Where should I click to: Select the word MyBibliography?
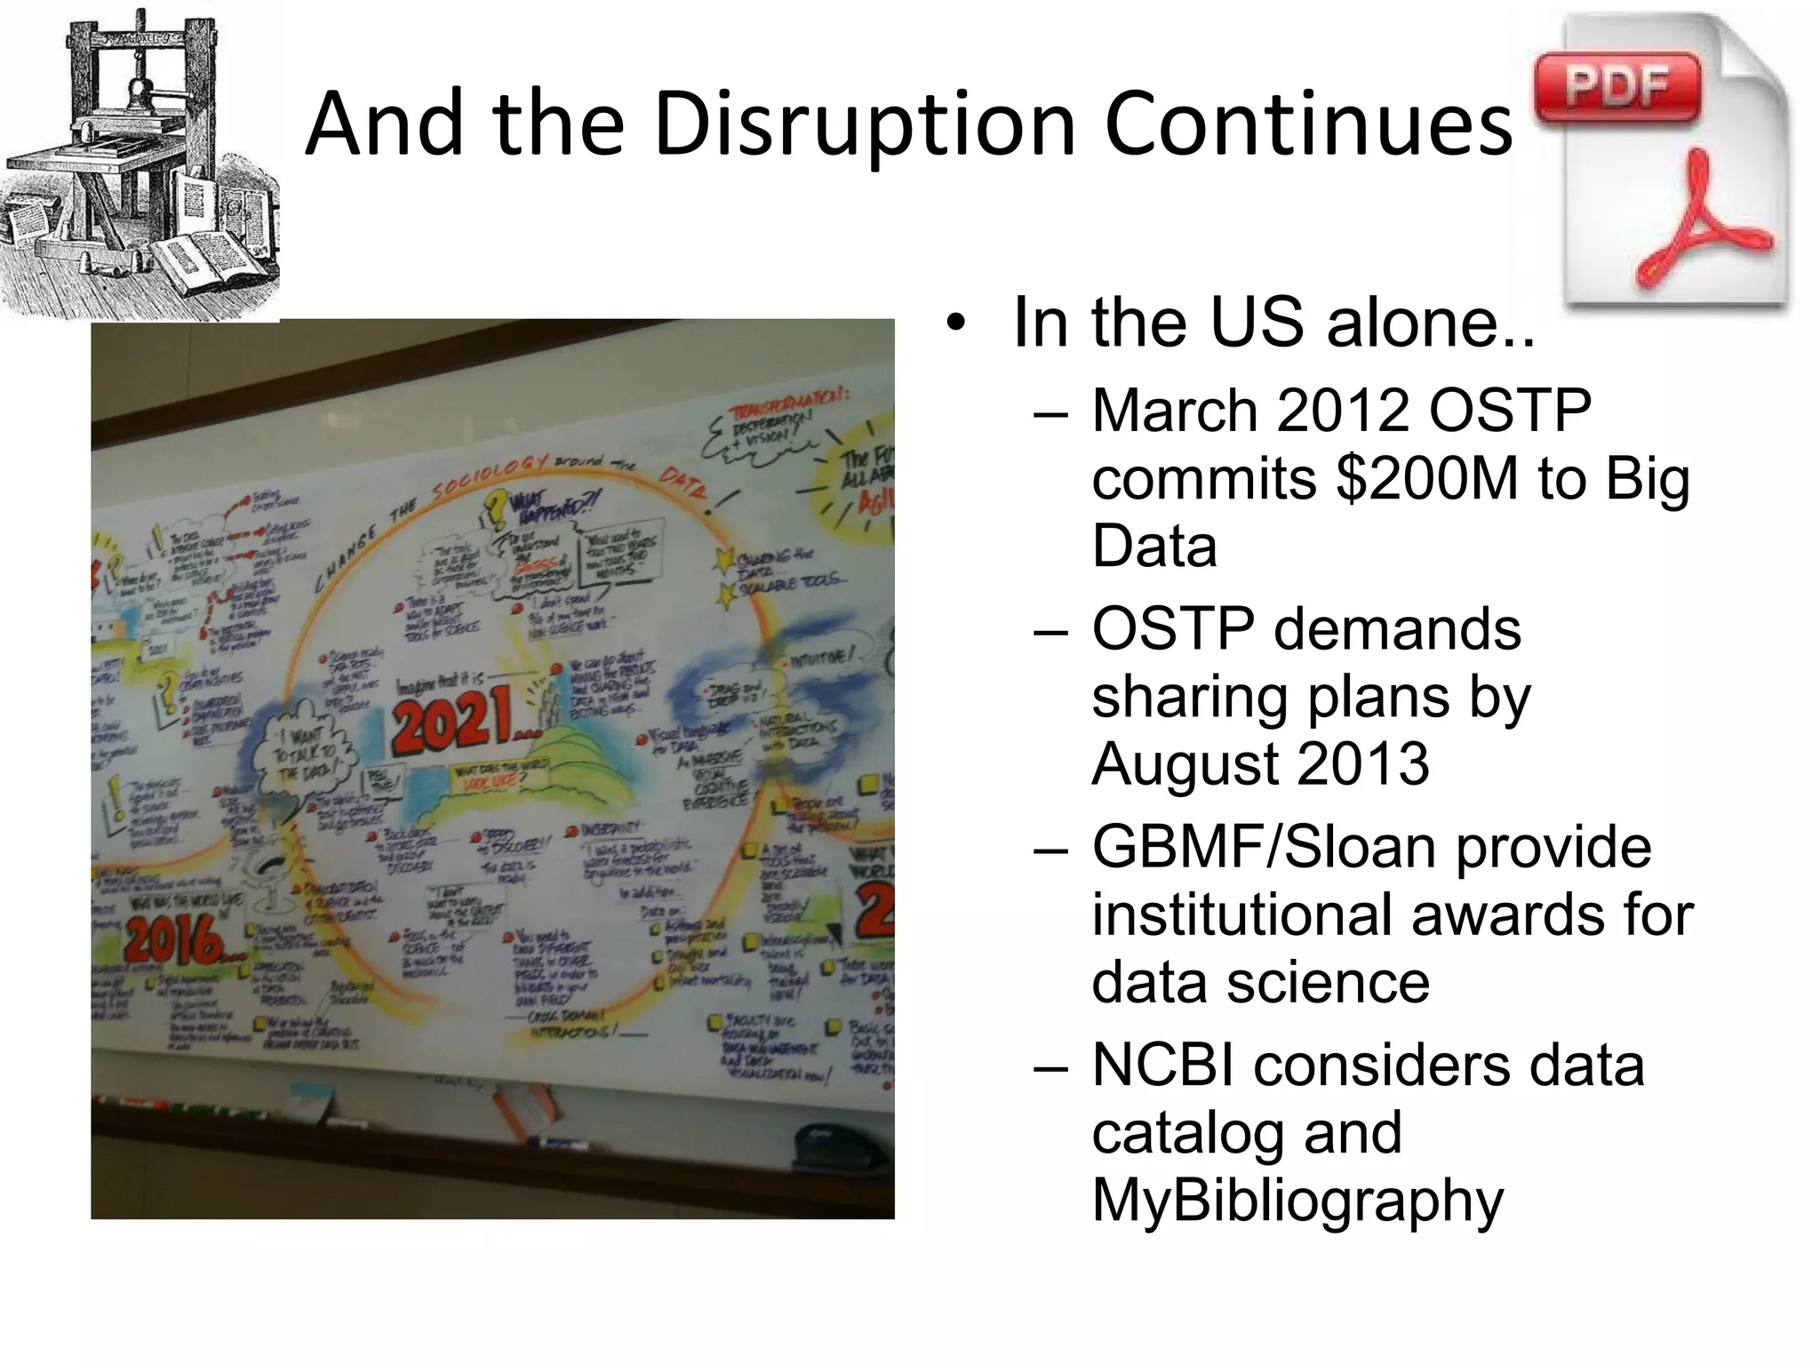coord(1297,1200)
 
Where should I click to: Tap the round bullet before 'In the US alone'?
coord(955,323)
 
